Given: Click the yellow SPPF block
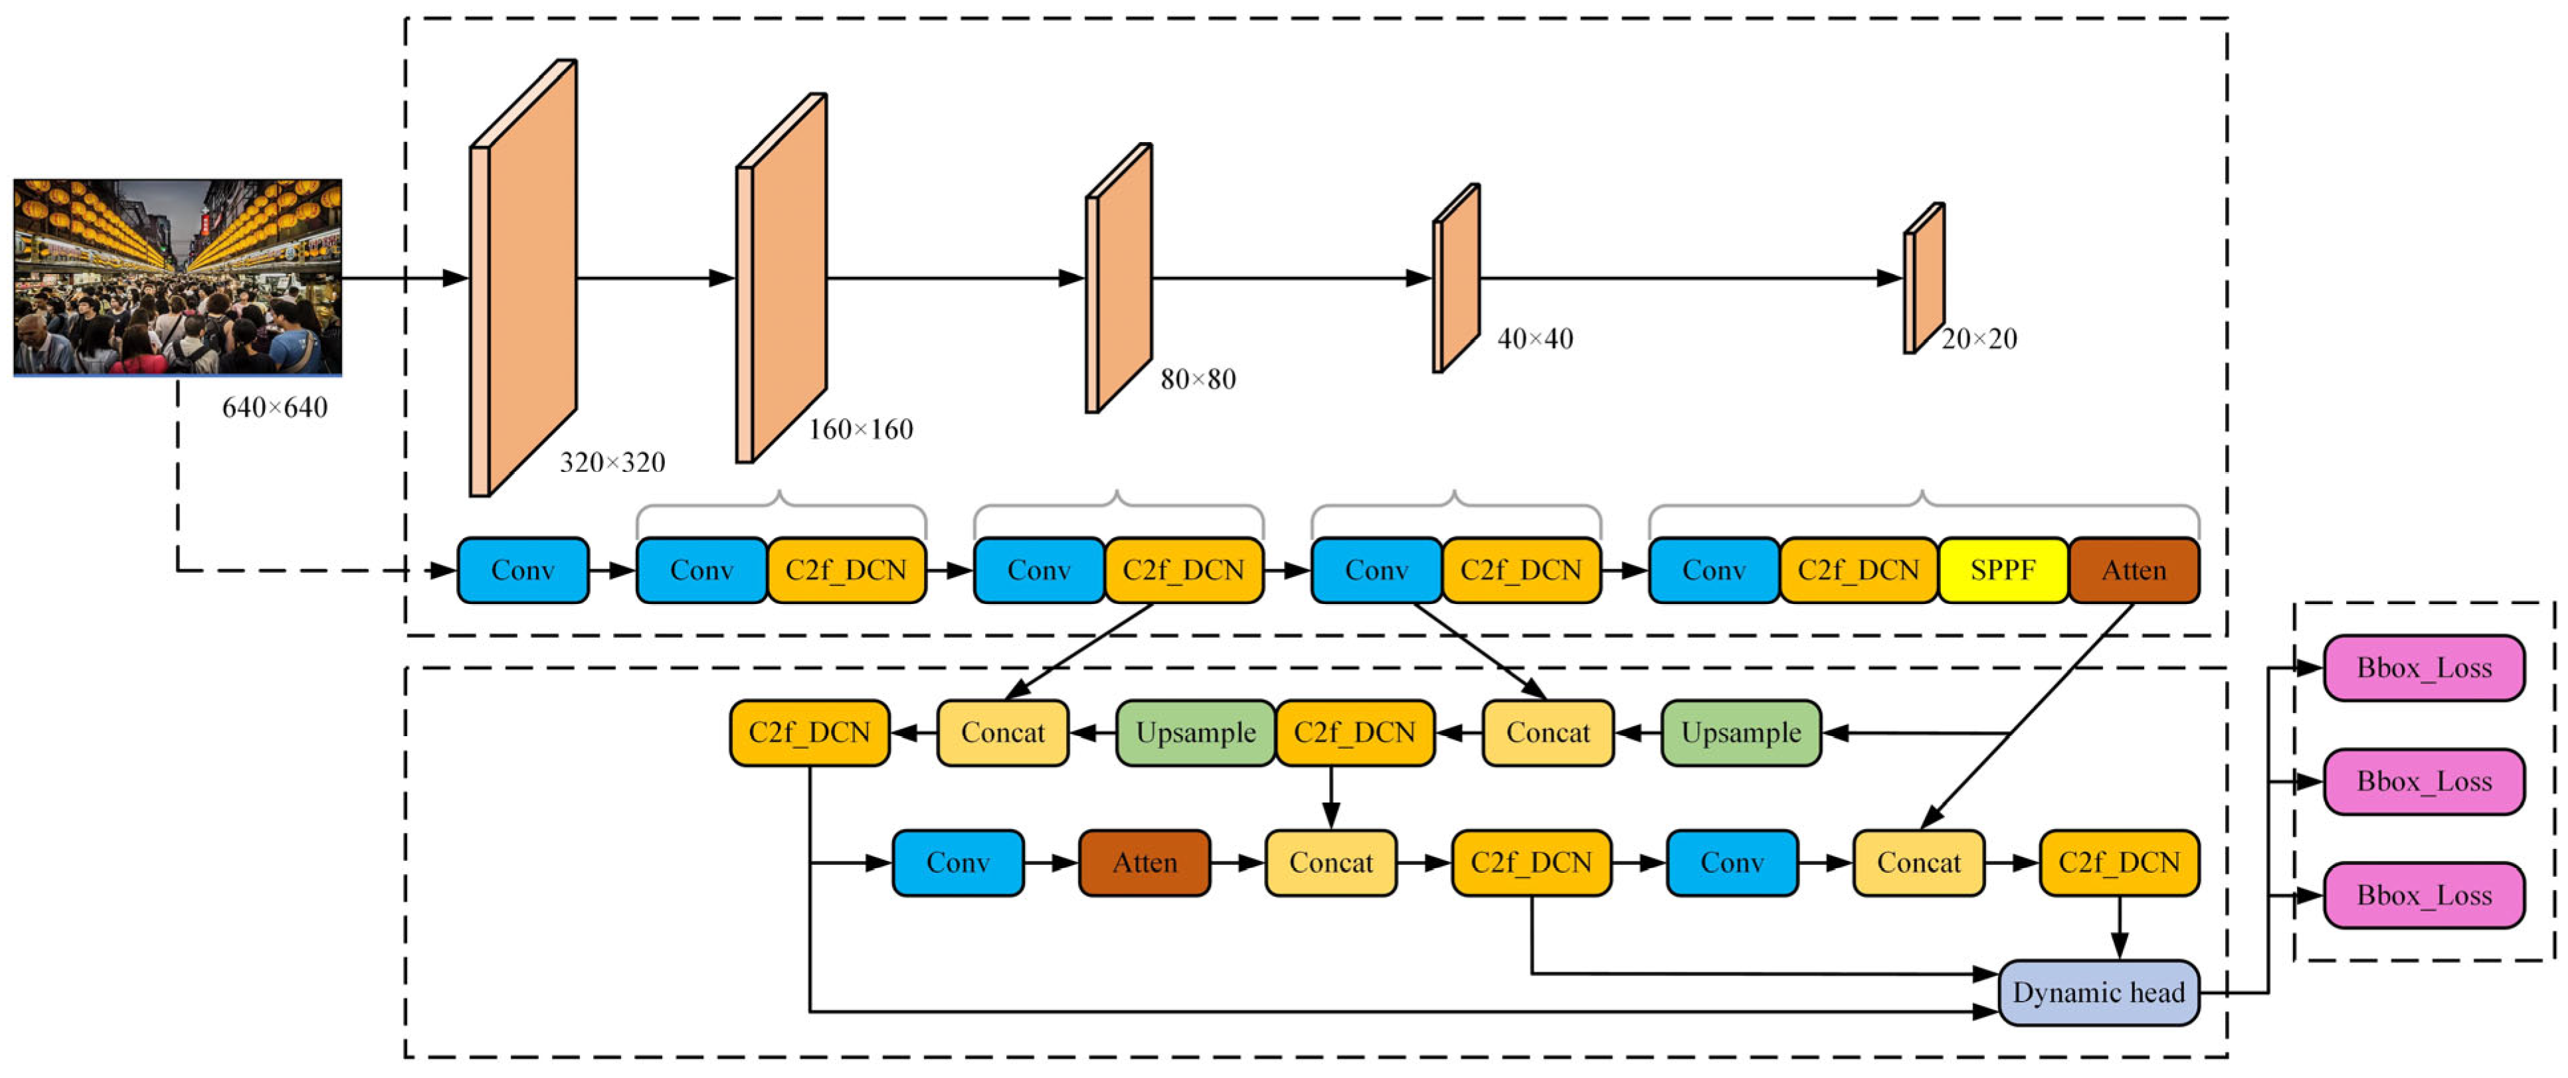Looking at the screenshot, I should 2002,570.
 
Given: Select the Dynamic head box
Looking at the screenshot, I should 2098,992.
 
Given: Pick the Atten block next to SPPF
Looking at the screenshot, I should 2134,570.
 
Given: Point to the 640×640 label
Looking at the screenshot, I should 274,408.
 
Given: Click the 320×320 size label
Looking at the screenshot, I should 612,462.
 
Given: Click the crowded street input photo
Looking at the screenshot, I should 177,277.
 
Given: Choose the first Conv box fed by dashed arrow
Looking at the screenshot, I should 522,570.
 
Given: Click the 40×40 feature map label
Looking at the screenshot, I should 1535,339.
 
